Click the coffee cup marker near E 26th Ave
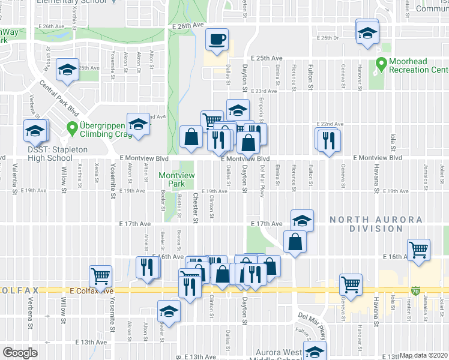click(217, 41)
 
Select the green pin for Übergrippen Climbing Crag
click(71, 127)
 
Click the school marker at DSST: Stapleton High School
click(35, 130)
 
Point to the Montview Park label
click(173, 179)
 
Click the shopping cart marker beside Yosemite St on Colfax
click(100, 277)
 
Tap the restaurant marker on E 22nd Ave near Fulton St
click(329, 139)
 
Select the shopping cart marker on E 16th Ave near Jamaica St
click(418, 249)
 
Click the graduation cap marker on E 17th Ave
click(302, 220)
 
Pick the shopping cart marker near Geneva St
click(351, 284)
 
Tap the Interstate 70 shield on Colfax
click(416, 291)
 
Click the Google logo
click(20, 353)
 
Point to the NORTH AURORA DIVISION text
click(375, 224)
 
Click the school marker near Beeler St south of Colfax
click(169, 311)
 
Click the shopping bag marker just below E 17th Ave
click(295, 242)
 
